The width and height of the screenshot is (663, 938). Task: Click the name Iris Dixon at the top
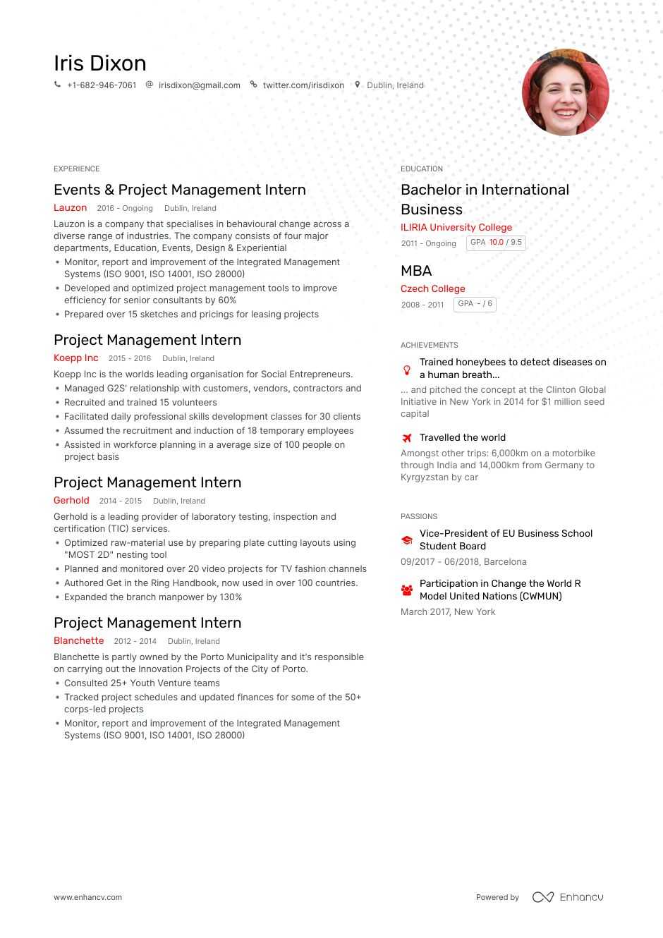(x=100, y=63)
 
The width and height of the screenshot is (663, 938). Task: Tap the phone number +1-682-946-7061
(x=102, y=85)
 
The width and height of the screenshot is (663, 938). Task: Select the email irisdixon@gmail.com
(x=199, y=85)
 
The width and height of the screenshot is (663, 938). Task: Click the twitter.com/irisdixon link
(x=303, y=85)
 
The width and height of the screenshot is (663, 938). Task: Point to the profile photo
(x=565, y=92)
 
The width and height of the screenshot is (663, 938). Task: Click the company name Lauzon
(x=70, y=208)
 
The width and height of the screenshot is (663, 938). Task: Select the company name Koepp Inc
(x=75, y=358)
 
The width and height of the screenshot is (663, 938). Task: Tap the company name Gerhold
(x=71, y=501)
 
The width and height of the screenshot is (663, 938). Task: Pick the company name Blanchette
(x=78, y=641)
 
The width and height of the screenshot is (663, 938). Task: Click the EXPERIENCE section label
(x=76, y=169)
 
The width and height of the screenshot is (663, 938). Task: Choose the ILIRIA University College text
(x=456, y=227)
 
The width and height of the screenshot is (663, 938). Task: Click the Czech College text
(x=432, y=288)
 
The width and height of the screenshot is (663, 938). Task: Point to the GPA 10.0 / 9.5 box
(x=496, y=243)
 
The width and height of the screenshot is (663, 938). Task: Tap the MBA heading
(x=415, y=271)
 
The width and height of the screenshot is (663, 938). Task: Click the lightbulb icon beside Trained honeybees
(x=407, y=370)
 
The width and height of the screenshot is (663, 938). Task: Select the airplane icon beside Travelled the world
(x=407, y=438)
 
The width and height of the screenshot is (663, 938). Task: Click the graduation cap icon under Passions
(x=407, y=540)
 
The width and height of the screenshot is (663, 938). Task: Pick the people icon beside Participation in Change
(x=407, y=590)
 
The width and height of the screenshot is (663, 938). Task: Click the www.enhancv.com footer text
(x=87, y=897)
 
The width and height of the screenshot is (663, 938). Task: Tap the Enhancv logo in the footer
(x=568, y=897)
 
